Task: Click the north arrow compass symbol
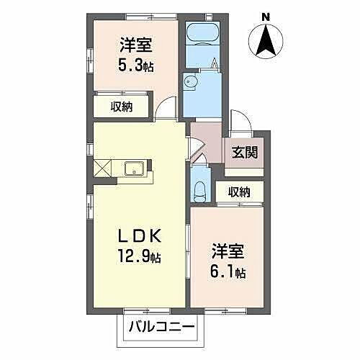pos(266,40)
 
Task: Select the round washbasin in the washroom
pos(190,81)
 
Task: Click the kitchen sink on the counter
pos(135,169)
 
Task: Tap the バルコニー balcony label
pos(161,328)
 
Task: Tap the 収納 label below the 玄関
pos(239,191)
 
